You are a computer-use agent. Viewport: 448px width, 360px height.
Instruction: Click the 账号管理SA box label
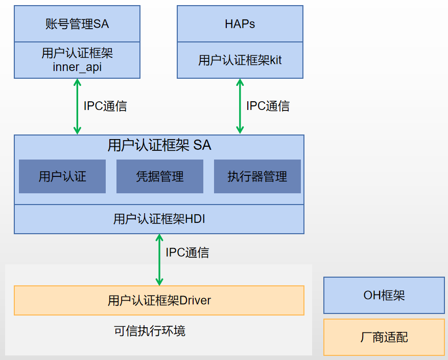coord(77,24)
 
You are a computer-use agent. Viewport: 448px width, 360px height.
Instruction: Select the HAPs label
coord(240,24)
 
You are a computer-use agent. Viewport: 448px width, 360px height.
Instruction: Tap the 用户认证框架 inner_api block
coord(77,60)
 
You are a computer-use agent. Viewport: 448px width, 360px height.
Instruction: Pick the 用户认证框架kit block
coord(240,60)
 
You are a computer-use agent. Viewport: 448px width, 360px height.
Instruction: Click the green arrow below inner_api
coord(77,106)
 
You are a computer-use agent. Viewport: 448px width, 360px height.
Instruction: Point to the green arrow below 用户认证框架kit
coord(239,106)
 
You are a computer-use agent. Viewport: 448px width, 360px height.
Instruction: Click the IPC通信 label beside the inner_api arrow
coord(105,106)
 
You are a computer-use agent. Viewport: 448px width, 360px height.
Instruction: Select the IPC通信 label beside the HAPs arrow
coord(268,106)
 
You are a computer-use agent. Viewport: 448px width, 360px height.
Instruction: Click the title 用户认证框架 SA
coord(159,145)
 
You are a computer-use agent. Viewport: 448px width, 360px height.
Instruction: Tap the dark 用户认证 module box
coord(62,177)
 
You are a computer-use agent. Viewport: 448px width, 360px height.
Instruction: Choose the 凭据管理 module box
coord(160,177)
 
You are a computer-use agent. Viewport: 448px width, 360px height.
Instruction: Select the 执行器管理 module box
coord(257,177)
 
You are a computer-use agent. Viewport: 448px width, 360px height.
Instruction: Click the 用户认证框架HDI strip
coord(159,219)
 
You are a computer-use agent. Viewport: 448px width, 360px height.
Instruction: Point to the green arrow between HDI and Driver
coord(159,259)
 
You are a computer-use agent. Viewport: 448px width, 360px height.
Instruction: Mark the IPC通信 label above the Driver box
coord(187,252)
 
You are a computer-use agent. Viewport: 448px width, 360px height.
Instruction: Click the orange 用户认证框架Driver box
coord(159,300)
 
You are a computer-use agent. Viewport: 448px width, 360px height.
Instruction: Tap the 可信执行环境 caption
coord(150,331)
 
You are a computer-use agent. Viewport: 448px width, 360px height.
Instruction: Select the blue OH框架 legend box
coord(384,295)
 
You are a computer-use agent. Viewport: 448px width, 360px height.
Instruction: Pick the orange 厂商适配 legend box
coord(384,337)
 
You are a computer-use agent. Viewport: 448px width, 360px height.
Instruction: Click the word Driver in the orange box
coord(195,300)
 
